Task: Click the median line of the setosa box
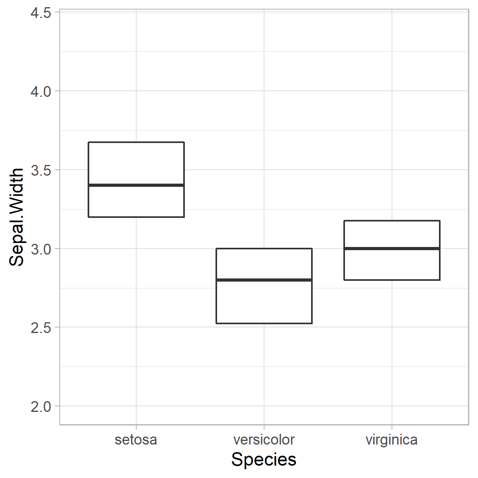(x=136, y=185)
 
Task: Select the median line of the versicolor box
(x=264, y=280)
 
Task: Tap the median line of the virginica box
(x=392, y=249)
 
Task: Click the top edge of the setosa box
(x=136, y=142)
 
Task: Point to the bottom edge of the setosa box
(x=136, y=217)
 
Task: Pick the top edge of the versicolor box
(x=264, y=249)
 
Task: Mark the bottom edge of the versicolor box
(x=264, y=323)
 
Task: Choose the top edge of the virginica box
(x=392, y=221)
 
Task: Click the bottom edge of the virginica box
(x=392, y=280)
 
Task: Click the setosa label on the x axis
(x=136, y=440)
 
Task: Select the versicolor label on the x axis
(x=264, y=440)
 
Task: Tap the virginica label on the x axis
(x=392, y=440)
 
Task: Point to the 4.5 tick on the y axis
(x=41, y=13)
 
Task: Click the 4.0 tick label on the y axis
(x=41, y=92)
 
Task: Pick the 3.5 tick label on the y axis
(x=41, y=170)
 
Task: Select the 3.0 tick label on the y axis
(x=41, y=249)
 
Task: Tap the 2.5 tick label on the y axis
(x=41, y=328)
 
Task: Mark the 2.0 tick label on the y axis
(x=41, y=407)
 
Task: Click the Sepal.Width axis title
(x=17, y=217)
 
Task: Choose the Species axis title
(x=264, y=460)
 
